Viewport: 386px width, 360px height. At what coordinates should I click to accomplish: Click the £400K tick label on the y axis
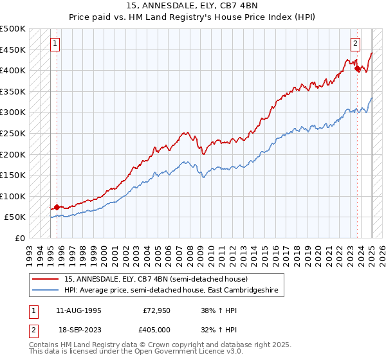(x=13, y=70)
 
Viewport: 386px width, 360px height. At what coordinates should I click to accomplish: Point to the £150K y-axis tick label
(x=13, y=175)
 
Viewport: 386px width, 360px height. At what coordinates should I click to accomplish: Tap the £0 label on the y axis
(x=20, y=238)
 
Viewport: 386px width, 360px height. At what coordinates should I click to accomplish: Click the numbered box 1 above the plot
(x=55, y=44)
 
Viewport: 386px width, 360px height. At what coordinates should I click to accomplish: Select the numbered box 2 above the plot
(x=355, y=44)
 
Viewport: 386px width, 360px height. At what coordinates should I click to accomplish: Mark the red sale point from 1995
(x=57, y=207)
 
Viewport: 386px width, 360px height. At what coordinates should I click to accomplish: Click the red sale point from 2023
(x=357, y=69)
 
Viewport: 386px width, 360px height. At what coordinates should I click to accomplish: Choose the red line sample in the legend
(x=46, y=279)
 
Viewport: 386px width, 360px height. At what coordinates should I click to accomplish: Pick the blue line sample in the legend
(x=46, y=291)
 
